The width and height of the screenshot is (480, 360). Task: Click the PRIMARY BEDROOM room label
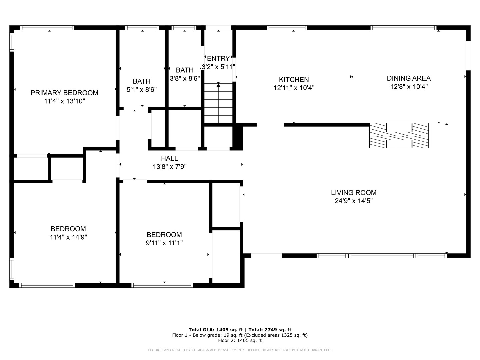[x=64, y=93]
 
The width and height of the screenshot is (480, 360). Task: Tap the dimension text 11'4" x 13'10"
[x=64, y=101]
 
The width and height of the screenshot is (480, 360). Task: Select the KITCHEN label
[x=294, y=79]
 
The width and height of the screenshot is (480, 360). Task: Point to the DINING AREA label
[x=409, y=78]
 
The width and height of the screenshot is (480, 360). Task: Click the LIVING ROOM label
[x=354, y=192]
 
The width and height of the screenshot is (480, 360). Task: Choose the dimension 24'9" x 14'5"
[x=354, y=201]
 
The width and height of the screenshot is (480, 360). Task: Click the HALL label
[x=169, y=158]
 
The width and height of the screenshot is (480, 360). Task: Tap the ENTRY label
[x=218, y=59]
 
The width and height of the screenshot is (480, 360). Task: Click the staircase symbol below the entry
[x=218, y=103]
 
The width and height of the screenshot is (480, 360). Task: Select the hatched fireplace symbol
[x=399, y=135]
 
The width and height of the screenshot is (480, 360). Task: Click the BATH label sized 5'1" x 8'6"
[x=142, y=81]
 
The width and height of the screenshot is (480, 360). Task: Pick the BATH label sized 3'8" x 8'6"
[x=185, y=70]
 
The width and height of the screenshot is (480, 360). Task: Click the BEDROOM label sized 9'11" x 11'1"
[x=164, y=235]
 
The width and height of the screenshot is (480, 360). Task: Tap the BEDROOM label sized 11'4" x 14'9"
[x=68, y=229]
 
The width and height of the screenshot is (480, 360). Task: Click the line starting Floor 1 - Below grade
[x=240, y=335]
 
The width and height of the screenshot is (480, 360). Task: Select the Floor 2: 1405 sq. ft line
[x=240, y=340]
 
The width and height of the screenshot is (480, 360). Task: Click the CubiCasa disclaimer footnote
[x=240, y=350]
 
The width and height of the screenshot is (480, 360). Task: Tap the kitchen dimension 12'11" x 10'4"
[x=294, y=88]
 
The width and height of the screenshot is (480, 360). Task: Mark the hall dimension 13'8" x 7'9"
[x=169, y=167]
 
